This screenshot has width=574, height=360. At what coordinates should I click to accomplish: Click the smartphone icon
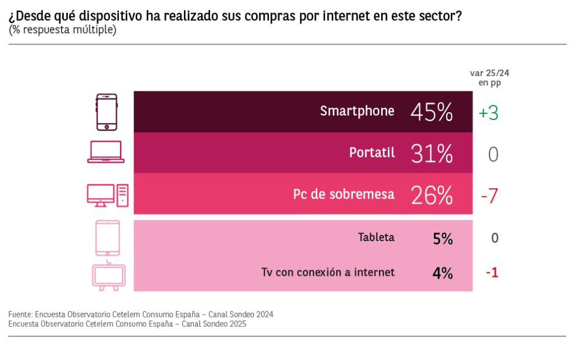pyautogui.click(x=107, y=112)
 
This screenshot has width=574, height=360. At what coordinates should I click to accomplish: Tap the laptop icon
pyautogui.click(x=106, y=152)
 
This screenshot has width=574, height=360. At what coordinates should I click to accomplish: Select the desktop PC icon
pyautogui.click(x=108, y=195)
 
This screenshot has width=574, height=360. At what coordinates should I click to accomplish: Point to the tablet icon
pyautogui.click(x=108, y=238)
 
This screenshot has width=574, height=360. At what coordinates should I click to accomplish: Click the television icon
pyautogui.click(x=109, y=275)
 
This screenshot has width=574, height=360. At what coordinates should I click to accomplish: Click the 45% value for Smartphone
pyautogui.click(x=431, y=112)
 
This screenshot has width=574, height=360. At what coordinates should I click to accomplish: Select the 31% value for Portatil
pyautogui.click(x=431, y=153)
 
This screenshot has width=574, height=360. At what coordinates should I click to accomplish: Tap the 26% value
pyautogui.click(x=431, y=195)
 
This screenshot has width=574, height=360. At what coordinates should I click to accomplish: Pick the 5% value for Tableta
pyautogui.click(x=442, y=238)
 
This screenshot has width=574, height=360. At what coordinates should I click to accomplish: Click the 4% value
pyautogui.click(x=442, y=273)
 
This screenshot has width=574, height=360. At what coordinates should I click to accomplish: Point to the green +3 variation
pyautogui.click(x=488, y=113)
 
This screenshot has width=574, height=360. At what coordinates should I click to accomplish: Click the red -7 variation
pyautogui.click(x=489, y=196)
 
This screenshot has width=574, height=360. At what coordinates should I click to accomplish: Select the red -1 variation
pyautogui.click(x=492, y=273)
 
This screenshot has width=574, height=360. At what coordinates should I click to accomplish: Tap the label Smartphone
pyautogui.click(x=357, y=111)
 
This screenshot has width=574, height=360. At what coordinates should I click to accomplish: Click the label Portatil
pyautogui.click(x=372, y=153)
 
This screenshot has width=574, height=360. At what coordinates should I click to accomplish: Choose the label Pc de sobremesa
pyautogui.click(x=344, y=195)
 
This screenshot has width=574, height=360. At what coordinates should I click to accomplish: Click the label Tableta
pyautogui.click(x=376, y=237)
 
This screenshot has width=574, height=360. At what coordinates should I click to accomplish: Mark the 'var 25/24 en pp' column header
pyautogui.click(x=489, y=77)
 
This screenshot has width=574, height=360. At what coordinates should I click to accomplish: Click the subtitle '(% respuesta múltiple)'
pyautogui.click(x=62, y=30)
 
